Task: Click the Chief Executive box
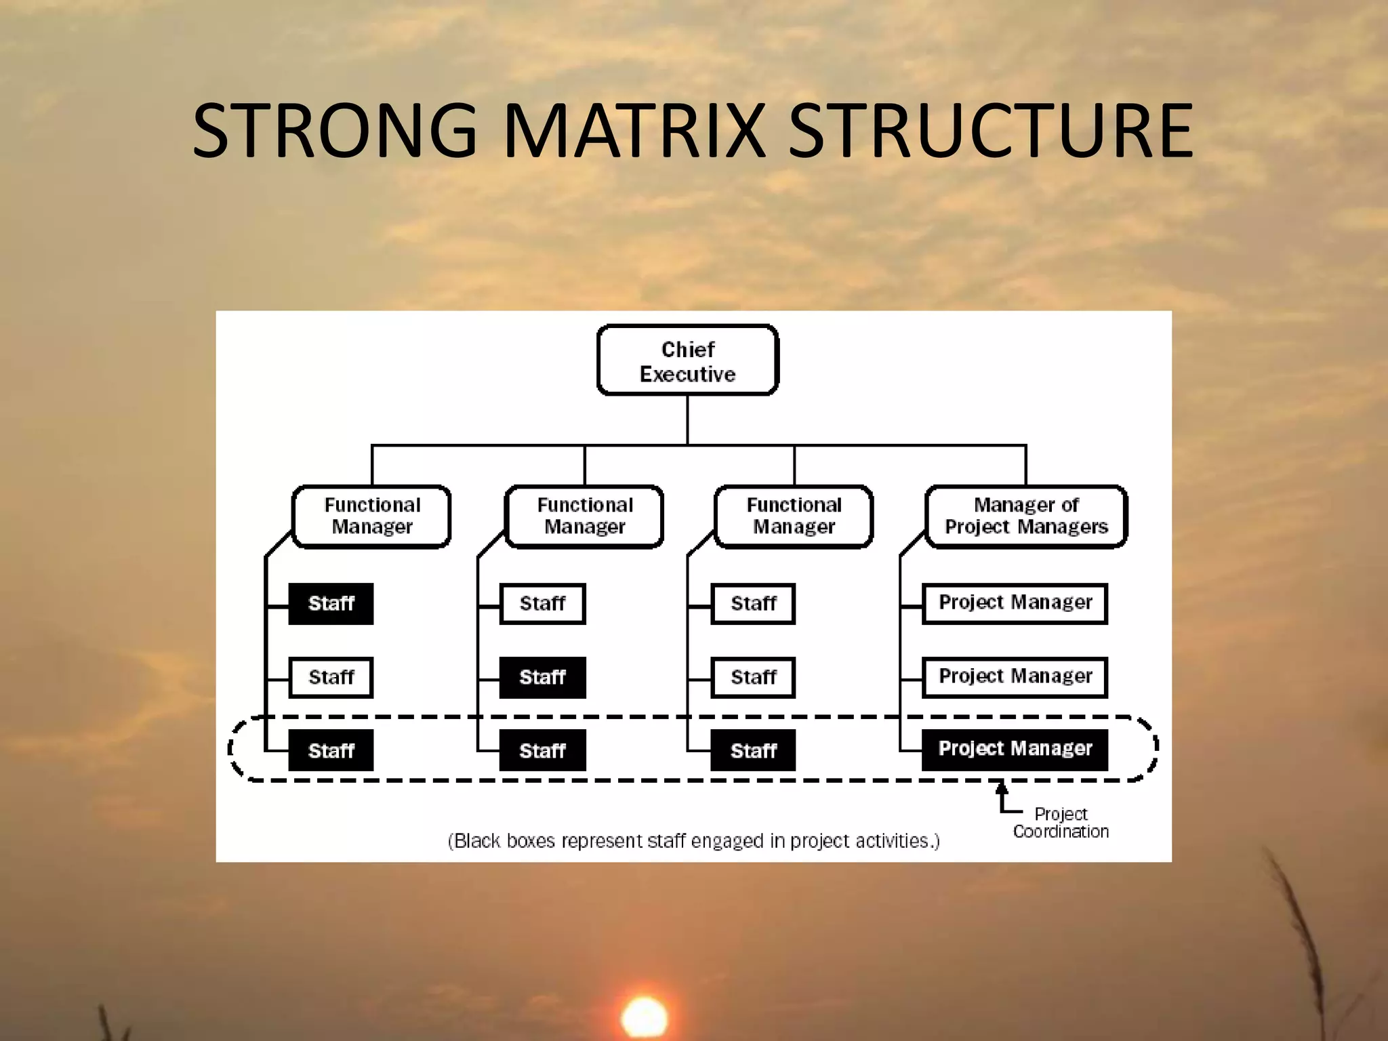(x=687, y=361)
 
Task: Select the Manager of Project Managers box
(x=1025, y=516)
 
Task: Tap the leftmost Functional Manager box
(x=371, y=516)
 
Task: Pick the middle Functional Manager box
(x=584, y=516)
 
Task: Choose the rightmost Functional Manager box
(x=794, y=516)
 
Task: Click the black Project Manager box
(x=1015, y=749)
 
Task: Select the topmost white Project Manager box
(x=1015, y=603)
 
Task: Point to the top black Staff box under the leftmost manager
(x=331, y=603)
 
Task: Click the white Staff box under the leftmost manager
(x=331, y=677)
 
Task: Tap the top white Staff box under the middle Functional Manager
(x=542, y=603)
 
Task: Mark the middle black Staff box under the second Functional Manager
(x=542, y=677)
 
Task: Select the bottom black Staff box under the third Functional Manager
(x=753, y=750)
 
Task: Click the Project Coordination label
(x=1061, y=823)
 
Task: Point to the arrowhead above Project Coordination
(x=1002, y=788)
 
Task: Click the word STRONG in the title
(x=335, y=130)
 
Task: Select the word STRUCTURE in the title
(x=990, y=130)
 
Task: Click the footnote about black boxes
(x=693, y=841)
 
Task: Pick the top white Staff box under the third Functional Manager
(x=753, y=603)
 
